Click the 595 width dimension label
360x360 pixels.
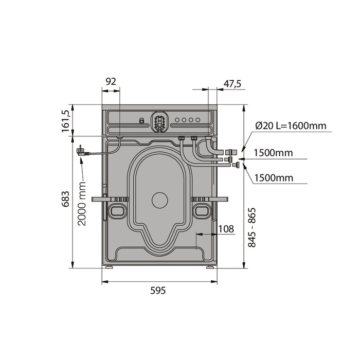coord(158,291)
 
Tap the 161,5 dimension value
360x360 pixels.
coord(65,121)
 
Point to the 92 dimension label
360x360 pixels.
coord(111,81)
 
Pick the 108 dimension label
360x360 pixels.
coord(226,228)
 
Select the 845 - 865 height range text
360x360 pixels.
coord(252,228)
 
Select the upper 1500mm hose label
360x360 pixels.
coord(274,153)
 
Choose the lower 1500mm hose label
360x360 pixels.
coord(274,178)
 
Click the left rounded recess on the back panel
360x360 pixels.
coord(117,209)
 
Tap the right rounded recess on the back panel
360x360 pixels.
coord(202,209)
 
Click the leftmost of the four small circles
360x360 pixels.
coord(177,120)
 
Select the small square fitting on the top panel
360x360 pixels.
coord(141,121)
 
